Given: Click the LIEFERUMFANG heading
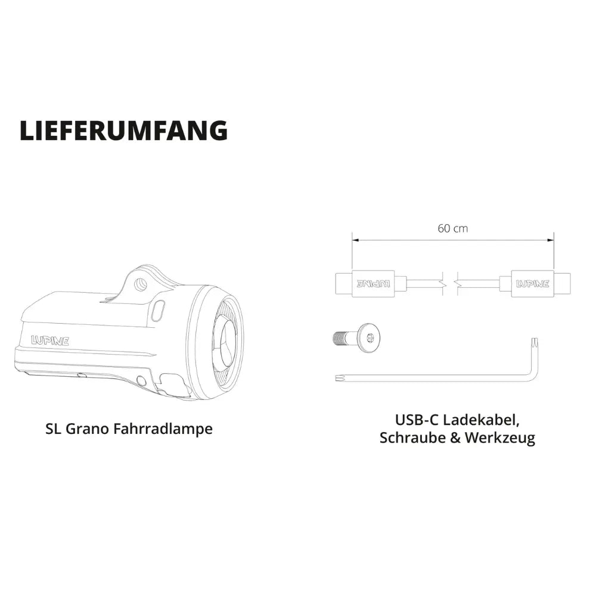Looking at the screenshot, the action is click(123, 131).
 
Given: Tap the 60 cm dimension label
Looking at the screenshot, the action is click(453, 228).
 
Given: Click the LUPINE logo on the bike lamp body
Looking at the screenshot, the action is click(50, 340).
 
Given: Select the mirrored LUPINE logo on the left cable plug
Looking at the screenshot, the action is click(373, 284).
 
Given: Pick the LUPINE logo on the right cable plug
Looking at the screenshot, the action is click(532, 284).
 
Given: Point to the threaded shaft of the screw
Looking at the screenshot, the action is click(344, 337).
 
